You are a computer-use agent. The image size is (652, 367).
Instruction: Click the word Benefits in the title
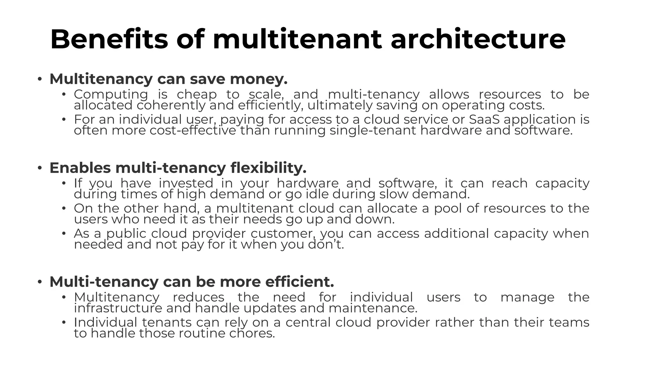tap(109, 40)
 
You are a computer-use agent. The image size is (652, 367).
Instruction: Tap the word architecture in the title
tap(478, 40)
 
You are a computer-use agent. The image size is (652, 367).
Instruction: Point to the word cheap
tap(197, 94)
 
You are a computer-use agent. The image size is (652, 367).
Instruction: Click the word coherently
tap(171, 105)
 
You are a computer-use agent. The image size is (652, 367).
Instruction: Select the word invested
tap(186, 183)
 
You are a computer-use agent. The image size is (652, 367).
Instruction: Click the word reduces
tap(198, 297)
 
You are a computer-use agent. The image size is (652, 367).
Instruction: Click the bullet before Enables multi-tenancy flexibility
tap(39, 168)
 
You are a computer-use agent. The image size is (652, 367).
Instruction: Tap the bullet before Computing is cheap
tap(64, 94)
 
